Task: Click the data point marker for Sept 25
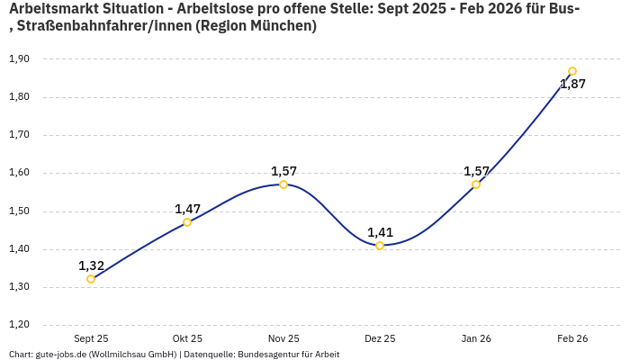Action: [91, 279]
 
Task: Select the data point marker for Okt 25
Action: [187, 222]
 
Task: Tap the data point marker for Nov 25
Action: [283, 184]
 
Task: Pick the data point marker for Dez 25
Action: [380, 246]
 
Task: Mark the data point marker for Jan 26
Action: [476, 184]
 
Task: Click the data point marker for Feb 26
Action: [572, 71]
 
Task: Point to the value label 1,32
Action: [91, 265]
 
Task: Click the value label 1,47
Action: [187, 209]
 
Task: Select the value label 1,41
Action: [380, 232]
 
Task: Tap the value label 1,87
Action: [572, 85]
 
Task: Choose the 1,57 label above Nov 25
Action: [283, 171]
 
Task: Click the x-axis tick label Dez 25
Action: [380, 338]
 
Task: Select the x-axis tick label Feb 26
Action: [572, 338]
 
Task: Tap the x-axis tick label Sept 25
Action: [91, 338]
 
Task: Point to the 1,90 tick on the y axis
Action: [19, 59]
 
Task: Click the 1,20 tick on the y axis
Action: [19, 325]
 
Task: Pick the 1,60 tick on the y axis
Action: [19, 173]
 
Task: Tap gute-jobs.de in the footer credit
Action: [62, 354]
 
